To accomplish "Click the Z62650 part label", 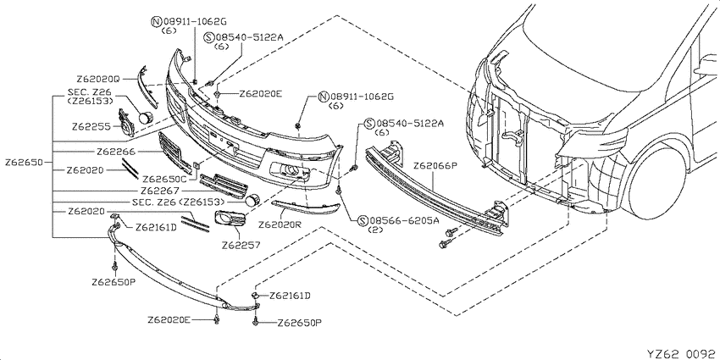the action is [24, 162].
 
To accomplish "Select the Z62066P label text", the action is [435, 165].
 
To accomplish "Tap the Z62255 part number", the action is [91, 126].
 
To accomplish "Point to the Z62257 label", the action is [241, 245].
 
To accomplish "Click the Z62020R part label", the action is [280, 225].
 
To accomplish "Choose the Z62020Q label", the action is [97, 79].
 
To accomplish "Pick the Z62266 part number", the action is [116, 151].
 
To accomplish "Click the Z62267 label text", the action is [160, 191].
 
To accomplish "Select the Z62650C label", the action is [164, 179].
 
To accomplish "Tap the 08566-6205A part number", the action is [404, 220].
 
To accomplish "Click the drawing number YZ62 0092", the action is [681, 353].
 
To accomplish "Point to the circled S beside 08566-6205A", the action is [363, 220].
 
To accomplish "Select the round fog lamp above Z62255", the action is [146, 117].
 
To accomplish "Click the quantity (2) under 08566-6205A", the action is [375, 230].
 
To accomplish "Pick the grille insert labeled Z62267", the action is [224, 186].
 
